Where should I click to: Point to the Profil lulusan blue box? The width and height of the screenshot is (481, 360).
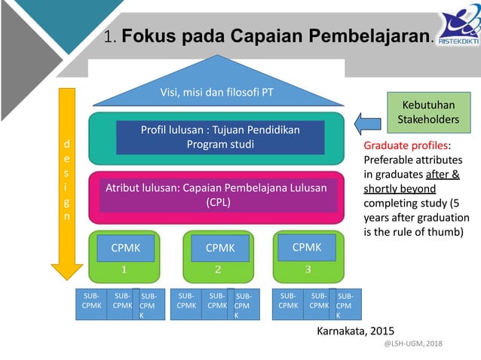220,137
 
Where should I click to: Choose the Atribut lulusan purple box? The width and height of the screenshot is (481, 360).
220,195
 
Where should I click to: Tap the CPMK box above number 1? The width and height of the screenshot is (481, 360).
125,247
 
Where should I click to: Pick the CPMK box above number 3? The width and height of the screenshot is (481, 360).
307,246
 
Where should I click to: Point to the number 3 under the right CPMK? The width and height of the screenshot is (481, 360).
308,269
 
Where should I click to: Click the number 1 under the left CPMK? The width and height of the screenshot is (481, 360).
125,269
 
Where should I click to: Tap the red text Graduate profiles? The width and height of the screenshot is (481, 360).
406,145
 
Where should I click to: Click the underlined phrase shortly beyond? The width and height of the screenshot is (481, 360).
400,188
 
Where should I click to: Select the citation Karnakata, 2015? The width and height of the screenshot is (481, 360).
355,331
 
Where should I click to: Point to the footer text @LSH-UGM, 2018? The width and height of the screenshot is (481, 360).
414,343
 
